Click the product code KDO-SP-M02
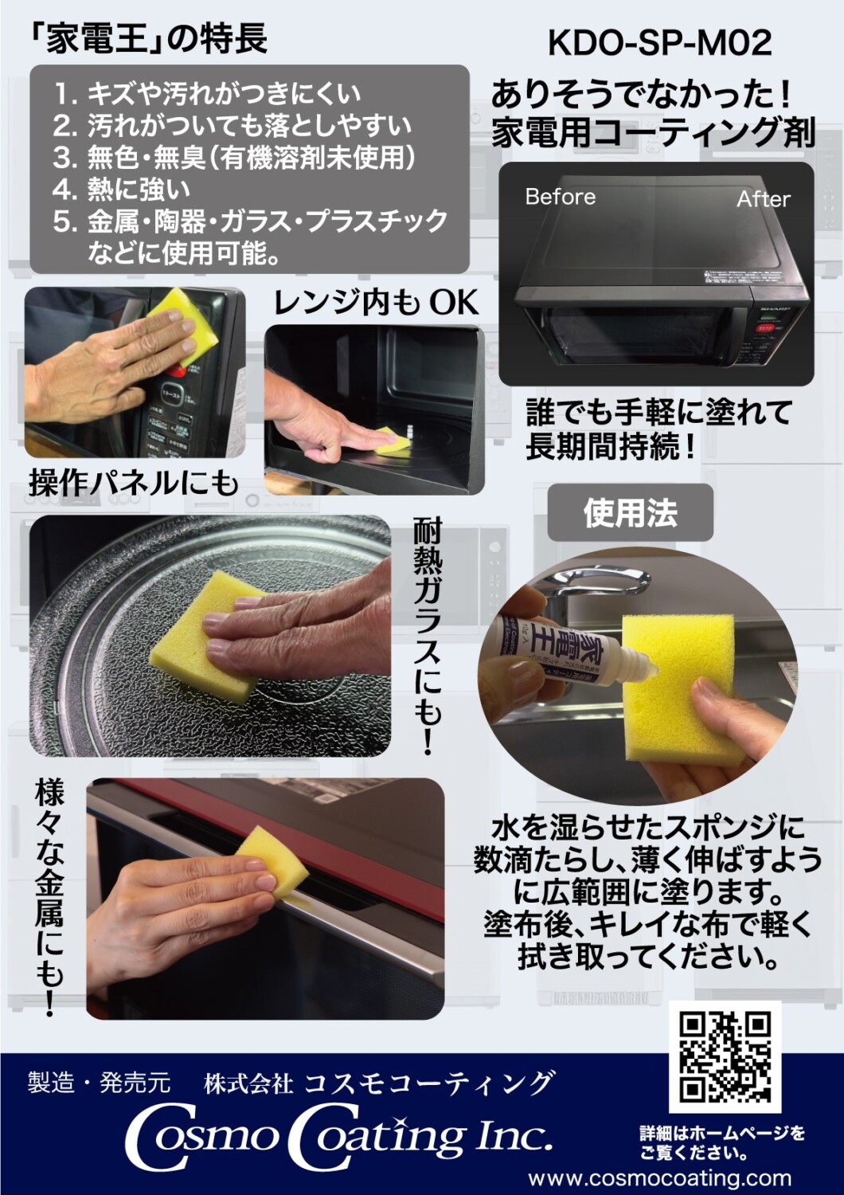659,43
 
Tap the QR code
725,1056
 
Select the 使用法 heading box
630,512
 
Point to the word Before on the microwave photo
560,197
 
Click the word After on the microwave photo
763,199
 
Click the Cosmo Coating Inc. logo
338,1138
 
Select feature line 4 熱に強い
123,190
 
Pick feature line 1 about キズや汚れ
207,94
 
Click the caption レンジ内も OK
376,303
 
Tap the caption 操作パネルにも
134,483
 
